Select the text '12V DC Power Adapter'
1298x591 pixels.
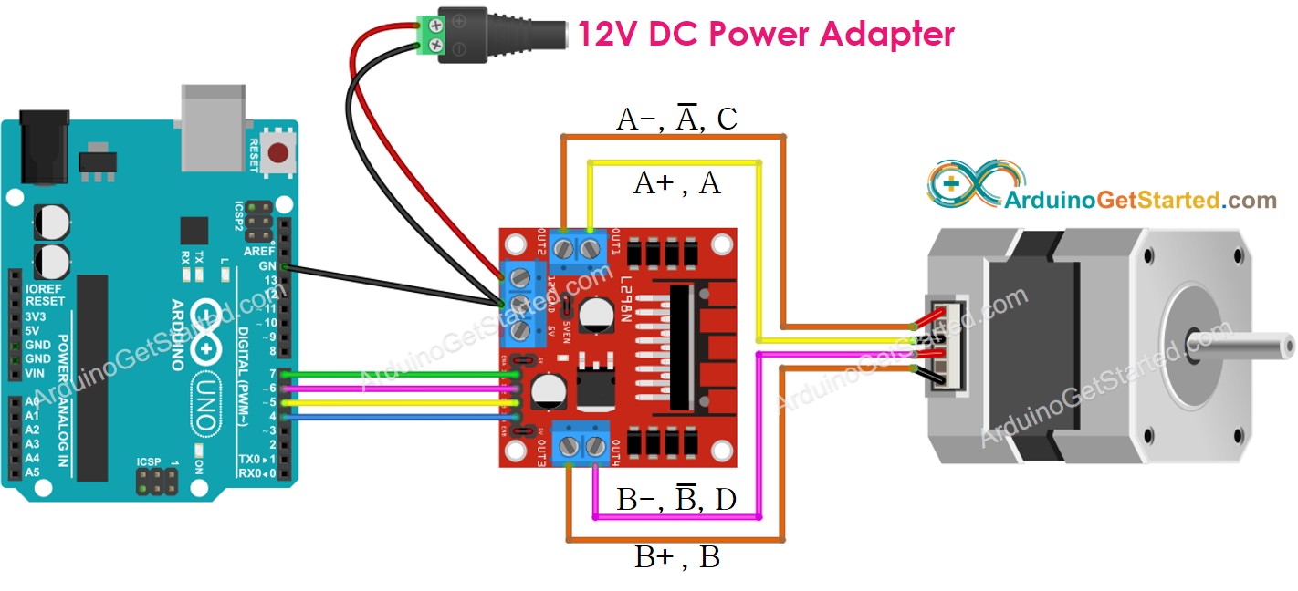[765, 34]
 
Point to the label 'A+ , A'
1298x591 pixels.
[677, 184]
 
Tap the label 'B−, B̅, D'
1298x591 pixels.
[677, 499]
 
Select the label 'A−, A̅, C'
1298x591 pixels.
[677, 119]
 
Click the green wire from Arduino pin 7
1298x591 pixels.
[402, 373]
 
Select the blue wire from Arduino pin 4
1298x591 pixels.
[402, 417]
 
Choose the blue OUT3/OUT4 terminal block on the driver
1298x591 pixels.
[582, 445]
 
